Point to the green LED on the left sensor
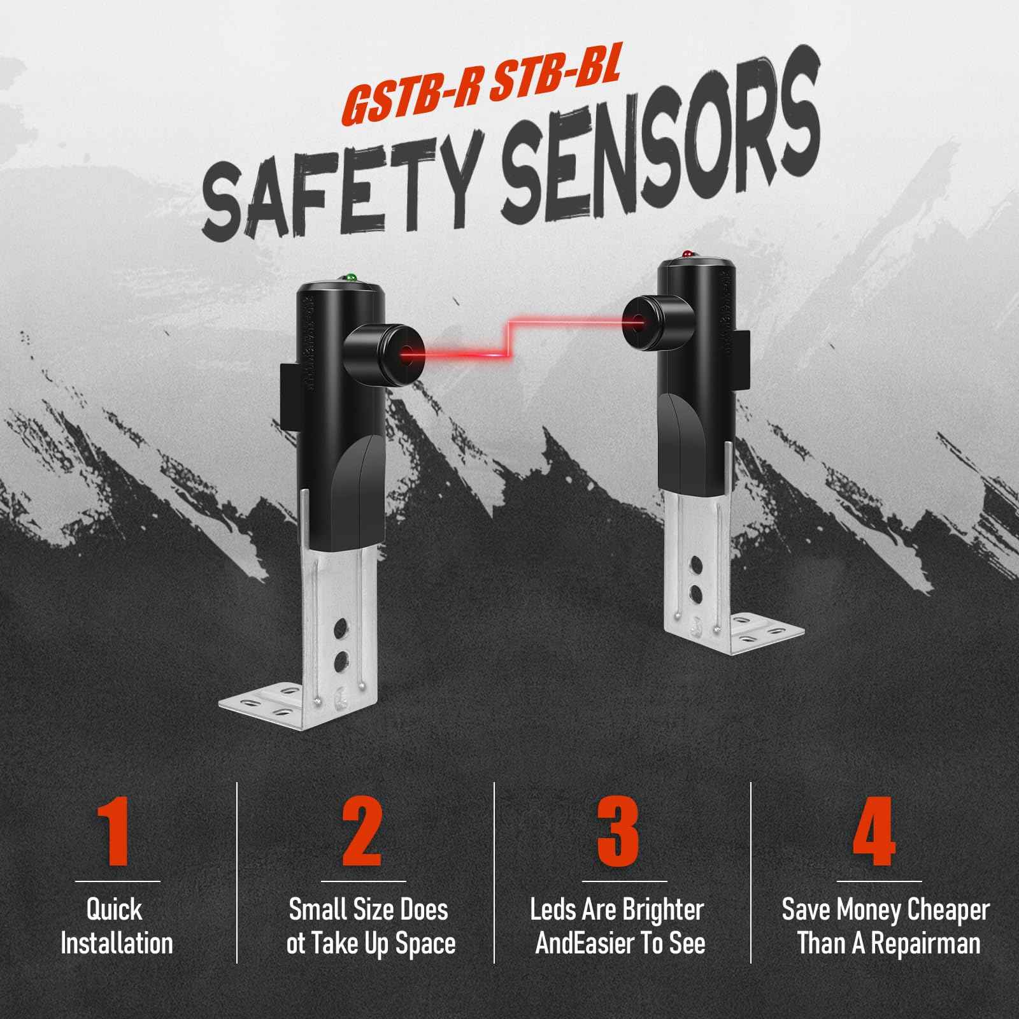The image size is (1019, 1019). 349,278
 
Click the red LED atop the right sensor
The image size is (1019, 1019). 688,254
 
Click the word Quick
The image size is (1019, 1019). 114,910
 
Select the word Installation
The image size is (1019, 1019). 117,943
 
